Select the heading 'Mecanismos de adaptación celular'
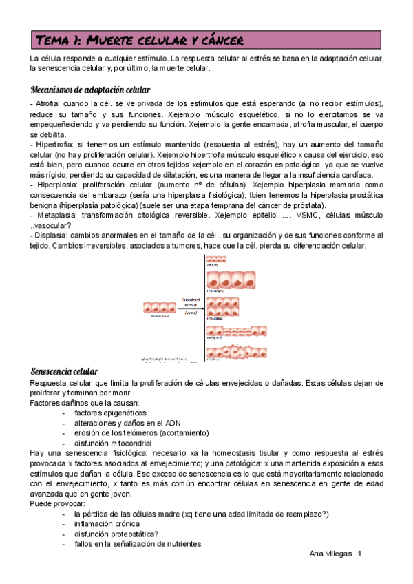pyautogui.click(x=91, y=90)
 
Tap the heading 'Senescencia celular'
pyautogui.click(x=65, y=371)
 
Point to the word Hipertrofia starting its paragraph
pyautogui.click(x=52, y=146)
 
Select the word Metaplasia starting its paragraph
pyautogui.click(x=53, y=216)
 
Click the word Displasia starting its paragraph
pyautogui.click(x=50, y=236)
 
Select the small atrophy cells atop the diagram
pyautogui.click(x=226, y=260)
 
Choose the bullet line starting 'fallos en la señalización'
pyautogui.click(x=138, y=544)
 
